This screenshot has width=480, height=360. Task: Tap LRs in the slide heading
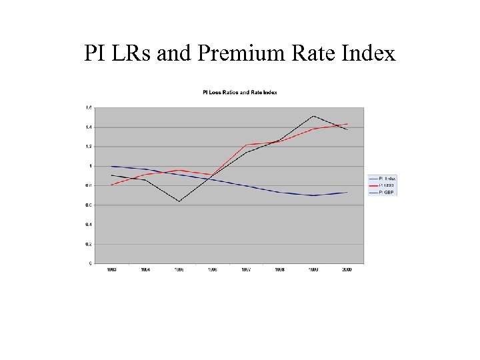click(131, 53)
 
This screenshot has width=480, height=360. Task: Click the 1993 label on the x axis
click(112, 269)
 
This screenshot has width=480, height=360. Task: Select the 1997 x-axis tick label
click(246, 269)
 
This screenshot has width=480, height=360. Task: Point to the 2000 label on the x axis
click(347, 269)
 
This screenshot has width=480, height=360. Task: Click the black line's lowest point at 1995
click(179, 201)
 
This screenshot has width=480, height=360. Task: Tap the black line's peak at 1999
click(313, 116)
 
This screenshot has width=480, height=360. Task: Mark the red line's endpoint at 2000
click(347, 124)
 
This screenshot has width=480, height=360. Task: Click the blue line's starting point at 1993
click(112, 166)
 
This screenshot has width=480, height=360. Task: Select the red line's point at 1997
click(246, 145)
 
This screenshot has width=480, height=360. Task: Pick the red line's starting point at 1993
click(112, 185)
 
